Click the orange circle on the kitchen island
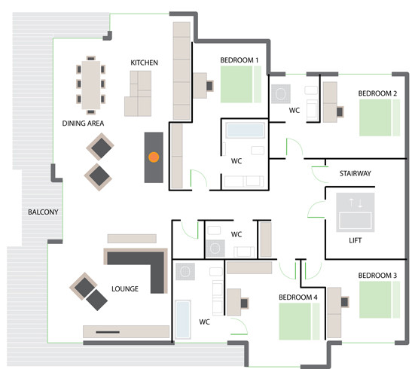[154, 157]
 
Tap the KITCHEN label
[145, 63]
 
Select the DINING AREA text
[83, 124]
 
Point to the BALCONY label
[43, 212]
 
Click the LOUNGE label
[125, 289]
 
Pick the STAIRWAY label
[356, 173]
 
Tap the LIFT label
[356, 240]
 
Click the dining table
[91, 85]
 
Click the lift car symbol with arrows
[356, 212]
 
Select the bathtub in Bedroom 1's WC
[245, 130]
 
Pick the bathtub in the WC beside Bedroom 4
[182, 319]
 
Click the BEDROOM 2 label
[377, 93]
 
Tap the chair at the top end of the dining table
[91, 58]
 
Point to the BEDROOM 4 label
[298, 297]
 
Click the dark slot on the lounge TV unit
[108, 332]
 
